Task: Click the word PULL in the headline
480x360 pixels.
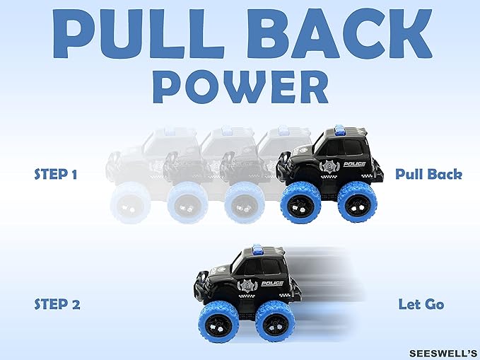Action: click(x=139, y=33)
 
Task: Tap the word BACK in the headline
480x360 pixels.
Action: click(x=339, y=33)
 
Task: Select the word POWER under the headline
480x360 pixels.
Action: click(x=240, y=87)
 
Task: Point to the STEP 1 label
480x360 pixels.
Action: click(x=55, y=174)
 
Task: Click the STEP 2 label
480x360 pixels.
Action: click(x=57, y=304)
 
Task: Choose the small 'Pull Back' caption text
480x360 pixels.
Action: click(x=428, y=174)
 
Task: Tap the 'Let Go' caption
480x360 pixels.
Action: click(x=421, y=304)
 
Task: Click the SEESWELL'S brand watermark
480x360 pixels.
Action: click(x=443, y=353)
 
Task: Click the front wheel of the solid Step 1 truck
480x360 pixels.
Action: click(x=300, y=202)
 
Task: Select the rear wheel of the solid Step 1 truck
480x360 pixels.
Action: click(x=357, y=202)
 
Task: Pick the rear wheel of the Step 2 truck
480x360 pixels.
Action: click(x=275, y=321)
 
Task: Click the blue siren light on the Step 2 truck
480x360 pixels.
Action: click(x=257, y=249)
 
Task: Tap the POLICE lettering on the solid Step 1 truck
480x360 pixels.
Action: click(x=354, y=164)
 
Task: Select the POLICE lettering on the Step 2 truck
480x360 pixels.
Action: click(x=272, y=284)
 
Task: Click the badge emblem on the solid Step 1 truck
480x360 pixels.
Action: click(x=329, y=168)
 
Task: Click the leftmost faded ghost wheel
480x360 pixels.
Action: click(x=131, y=203)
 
